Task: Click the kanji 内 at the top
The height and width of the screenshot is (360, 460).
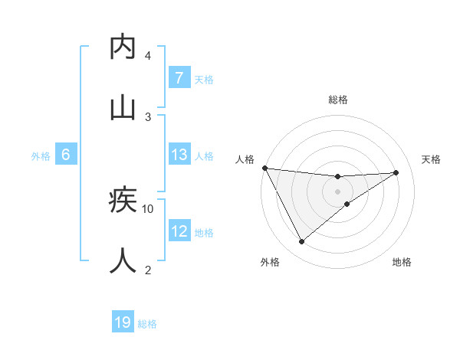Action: [123, 47]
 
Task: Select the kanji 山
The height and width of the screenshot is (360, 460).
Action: [123, 108]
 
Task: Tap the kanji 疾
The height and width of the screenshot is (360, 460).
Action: [123, 201]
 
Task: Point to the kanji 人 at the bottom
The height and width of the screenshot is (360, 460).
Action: [123, 261]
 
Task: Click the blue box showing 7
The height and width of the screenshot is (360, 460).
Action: [179, 77]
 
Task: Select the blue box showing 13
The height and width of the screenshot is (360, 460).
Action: [179, 155]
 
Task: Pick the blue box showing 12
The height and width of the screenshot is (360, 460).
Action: [179, 231]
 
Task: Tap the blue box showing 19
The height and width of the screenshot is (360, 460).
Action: [123, 322]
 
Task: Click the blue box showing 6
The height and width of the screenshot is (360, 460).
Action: [66, 155]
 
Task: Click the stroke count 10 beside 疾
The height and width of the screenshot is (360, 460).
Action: [148, 208]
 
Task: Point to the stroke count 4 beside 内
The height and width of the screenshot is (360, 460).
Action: [148, 55]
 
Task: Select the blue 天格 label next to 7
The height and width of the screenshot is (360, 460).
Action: [204, 79]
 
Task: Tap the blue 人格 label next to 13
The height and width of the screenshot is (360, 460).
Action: [204, 155]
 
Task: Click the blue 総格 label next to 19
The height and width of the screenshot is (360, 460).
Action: [147, 324]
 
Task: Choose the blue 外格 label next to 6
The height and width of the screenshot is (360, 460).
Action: [41, 155]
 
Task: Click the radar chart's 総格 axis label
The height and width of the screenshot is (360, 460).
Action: [337, 100]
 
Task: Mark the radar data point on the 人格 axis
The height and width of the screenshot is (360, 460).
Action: [264, 168]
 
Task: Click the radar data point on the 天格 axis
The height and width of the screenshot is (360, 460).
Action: [396, 172]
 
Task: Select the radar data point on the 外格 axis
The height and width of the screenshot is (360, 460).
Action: [301, 241]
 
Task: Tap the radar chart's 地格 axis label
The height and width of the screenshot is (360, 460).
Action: [402, 262]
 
